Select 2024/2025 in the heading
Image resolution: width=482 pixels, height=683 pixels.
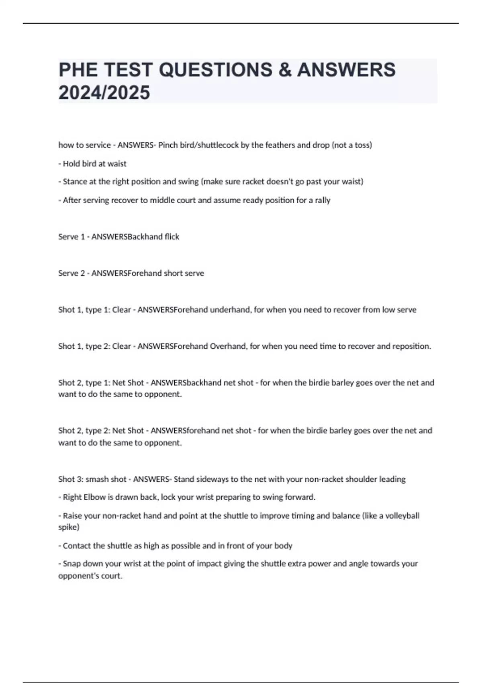[x=104, y=93]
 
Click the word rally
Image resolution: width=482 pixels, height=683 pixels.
[x=323, y=200]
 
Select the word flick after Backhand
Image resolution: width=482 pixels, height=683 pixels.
[x=172, y=237]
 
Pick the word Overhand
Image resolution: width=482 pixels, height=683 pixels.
[x=228, y=346]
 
